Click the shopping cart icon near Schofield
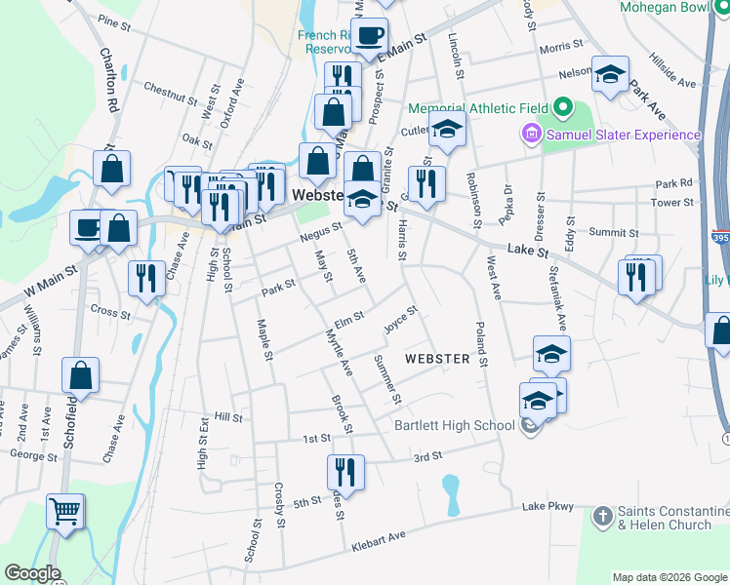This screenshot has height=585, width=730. tap(65, 510)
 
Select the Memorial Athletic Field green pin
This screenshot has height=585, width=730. tap(563, 107)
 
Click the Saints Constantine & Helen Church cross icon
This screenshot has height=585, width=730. tap(603, 514)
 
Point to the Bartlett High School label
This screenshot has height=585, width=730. tap(454, 425)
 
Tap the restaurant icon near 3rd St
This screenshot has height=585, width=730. tap(345, 472)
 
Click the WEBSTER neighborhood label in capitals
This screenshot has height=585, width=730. tap(437, 359)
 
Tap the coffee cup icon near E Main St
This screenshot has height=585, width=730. tap(369, 36)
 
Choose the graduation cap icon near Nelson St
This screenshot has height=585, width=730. tap(611, 74)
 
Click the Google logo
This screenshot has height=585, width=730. tap(33, 574)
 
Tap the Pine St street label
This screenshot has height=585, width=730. tap(114, 20)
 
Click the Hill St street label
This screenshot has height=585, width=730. tap(227, 417)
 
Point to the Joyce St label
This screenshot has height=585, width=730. tap(401, 319)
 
